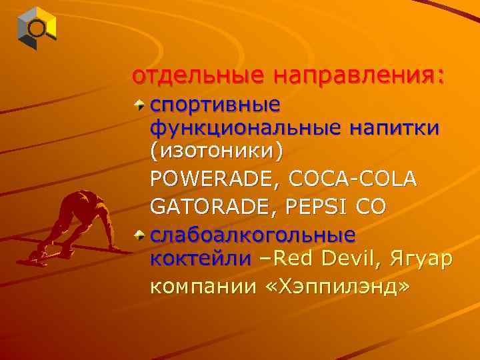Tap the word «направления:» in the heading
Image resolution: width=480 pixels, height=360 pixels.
tap(357, 76)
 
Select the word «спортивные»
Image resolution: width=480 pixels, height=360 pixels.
tap(215, 106)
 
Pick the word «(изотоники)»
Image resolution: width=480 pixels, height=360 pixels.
tap(216, 150)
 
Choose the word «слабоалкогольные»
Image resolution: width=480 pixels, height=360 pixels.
tap(253, 235)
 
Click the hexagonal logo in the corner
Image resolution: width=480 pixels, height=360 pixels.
tap(37, 28)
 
